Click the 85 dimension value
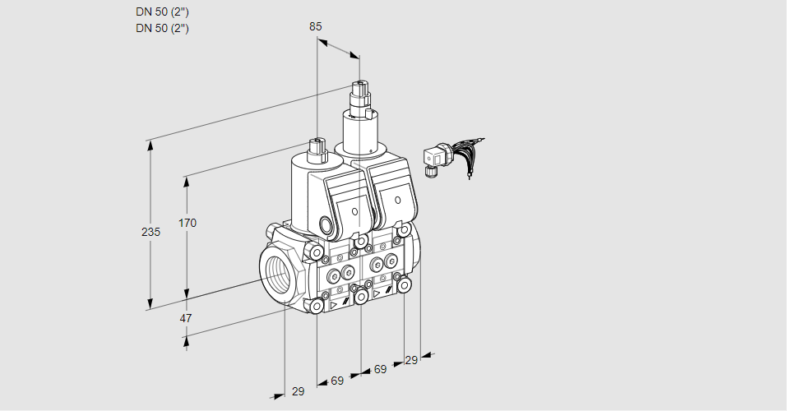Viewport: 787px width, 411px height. click(316, 26)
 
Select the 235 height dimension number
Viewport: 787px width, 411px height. click(150, 232)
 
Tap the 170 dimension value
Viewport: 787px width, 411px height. click(187, 223)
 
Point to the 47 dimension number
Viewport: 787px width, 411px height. click(186, 318)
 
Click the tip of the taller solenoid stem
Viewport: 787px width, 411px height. click(359, 84)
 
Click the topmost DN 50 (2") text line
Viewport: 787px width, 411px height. click(162, 12)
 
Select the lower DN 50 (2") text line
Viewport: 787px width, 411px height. click(162, 28)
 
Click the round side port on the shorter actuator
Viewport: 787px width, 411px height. click(326, 224)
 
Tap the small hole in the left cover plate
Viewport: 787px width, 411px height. click(355, 212)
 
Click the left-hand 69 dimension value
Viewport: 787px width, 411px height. click(337, 381)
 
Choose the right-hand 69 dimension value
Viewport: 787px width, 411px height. click(380, 370)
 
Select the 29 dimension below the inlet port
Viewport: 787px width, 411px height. click(298, 391)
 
